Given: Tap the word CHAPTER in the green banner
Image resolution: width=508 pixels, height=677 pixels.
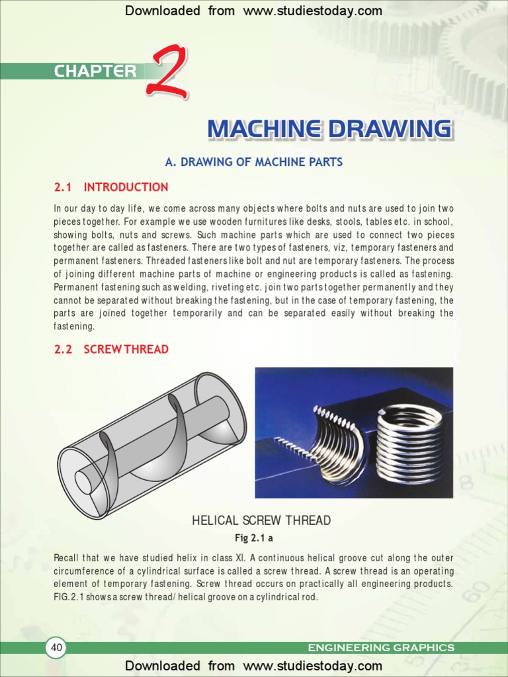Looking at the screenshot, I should tap(95, 71).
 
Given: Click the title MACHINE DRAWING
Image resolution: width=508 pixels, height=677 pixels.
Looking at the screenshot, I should tap(329, 129).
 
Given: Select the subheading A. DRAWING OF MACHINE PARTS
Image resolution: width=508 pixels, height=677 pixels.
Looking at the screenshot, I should tap(253, 162).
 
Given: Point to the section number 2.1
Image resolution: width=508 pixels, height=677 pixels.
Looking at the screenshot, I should tap(63, 187).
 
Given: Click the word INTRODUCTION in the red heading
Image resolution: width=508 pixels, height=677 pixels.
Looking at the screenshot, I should tap(126, 187).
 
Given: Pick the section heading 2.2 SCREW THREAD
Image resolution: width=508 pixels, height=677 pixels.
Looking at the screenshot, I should tap(111, 349).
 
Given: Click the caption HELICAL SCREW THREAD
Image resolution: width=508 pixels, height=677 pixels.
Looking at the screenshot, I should tap(261, 520).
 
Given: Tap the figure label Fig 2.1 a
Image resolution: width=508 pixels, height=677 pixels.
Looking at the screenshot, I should tap(254, 538).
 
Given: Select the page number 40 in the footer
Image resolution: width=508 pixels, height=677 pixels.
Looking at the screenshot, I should tap(56, 648).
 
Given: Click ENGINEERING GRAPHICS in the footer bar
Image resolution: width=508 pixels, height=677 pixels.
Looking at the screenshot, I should tap(381, 648).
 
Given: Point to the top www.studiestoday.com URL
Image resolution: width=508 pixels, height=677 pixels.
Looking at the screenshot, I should tap(312, 11).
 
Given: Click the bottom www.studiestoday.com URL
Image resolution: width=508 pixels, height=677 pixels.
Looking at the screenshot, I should tap(312, 666).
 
